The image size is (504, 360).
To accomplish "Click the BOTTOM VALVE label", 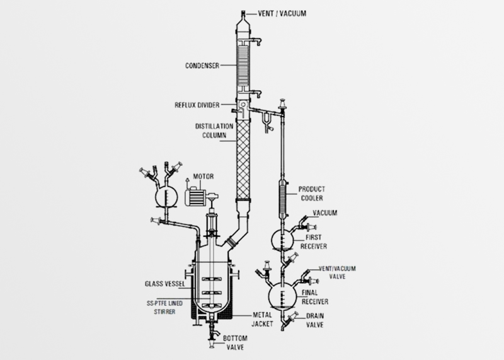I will [x=236, y=344].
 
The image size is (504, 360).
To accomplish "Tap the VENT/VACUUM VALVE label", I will [x=338, y=272].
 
